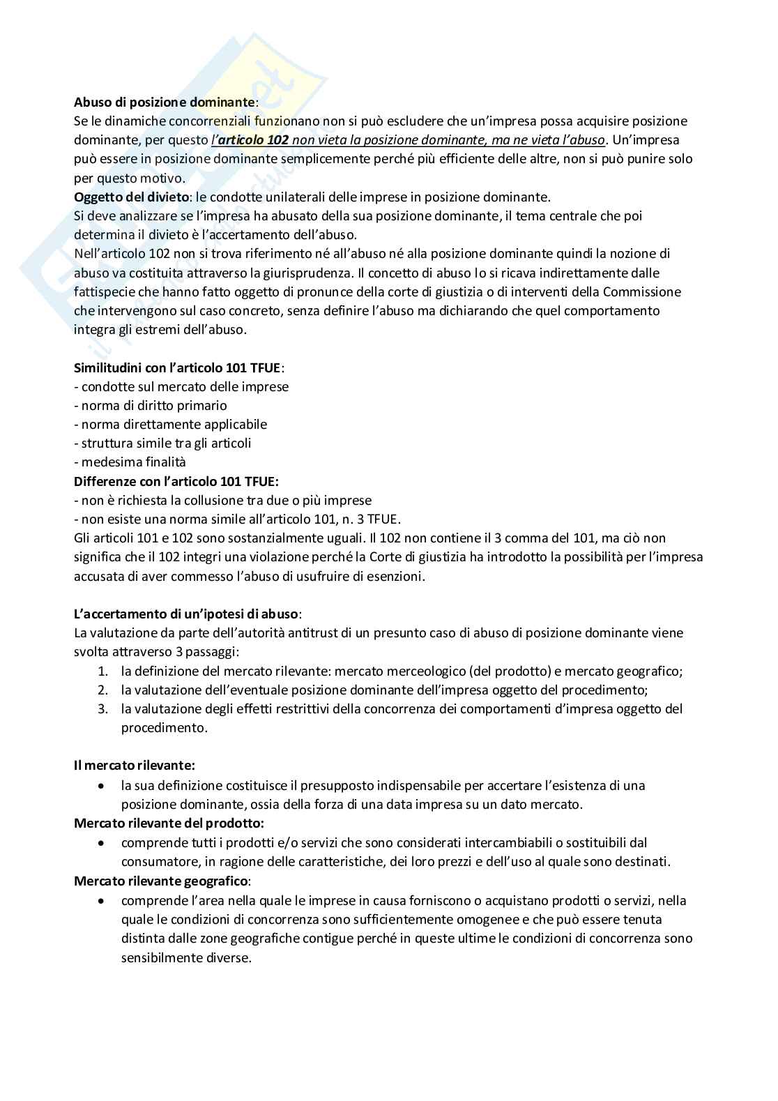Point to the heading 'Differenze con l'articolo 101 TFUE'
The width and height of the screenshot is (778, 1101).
click(x=176, y=481)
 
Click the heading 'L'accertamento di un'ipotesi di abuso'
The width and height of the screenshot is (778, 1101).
click(x=187, y=614)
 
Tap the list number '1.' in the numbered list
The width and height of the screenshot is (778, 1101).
click(x=102, y=671)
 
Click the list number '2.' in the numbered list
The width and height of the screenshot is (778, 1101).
click(x=102, y=690)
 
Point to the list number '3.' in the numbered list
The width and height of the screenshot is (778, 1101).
click(x=102, y=709)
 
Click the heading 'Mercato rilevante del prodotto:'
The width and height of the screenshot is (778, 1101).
click(x=169, y=823)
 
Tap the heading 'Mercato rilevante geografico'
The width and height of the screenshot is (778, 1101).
click(x=162, y=881)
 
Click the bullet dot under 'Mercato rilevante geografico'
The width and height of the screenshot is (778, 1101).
click(x=102, y=900)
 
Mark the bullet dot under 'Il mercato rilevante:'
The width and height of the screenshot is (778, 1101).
click(x=102, y=786)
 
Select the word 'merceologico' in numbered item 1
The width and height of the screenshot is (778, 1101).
click(x=425, y=671)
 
